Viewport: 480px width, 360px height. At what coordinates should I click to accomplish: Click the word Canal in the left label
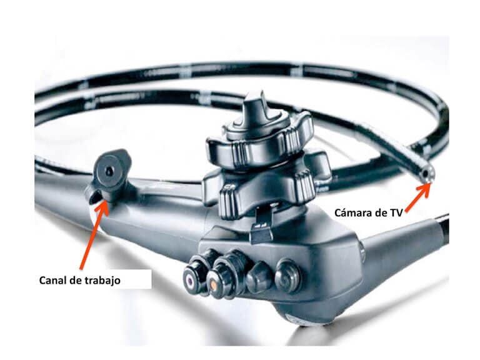coord(52,281)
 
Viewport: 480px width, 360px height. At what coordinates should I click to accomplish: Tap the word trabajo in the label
coord(102,281)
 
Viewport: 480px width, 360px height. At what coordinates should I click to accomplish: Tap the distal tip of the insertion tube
coord(427,176)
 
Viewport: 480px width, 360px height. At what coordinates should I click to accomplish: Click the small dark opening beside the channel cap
coord(92,197)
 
